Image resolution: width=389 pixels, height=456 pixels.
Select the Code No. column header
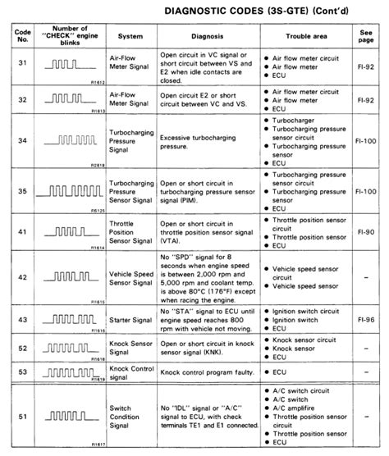click(22, 36)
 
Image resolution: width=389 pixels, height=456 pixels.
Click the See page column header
click(368, 36)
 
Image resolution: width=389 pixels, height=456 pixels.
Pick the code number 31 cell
click(22, 62)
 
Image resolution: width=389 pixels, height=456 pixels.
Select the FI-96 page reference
click(368, 316)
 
